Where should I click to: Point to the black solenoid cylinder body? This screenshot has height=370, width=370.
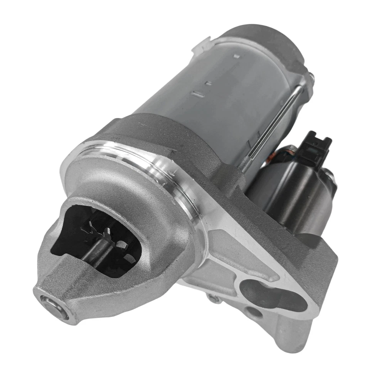tap(293, 193)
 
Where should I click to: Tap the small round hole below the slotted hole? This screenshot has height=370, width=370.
tap(252, 312)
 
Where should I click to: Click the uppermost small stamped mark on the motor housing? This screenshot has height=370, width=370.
tap(237, 56)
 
